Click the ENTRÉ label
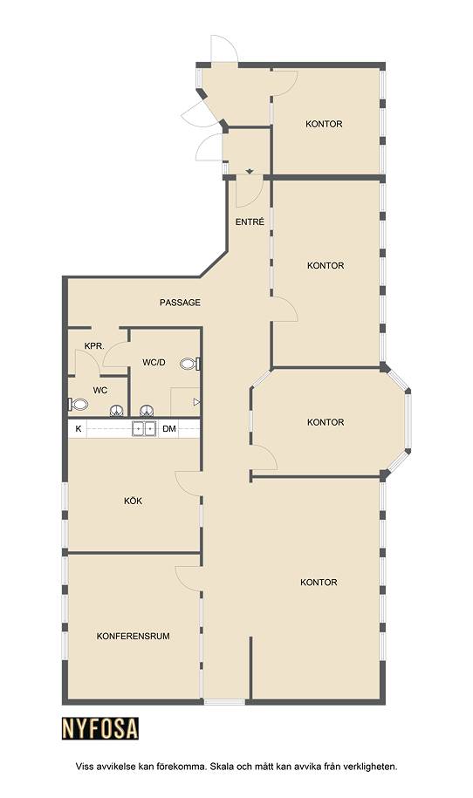[x=250, y=222]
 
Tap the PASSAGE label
[x=180, y=303]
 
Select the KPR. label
[x=94, y=346]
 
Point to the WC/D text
[x=154, y=362]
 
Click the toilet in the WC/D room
[x=189, y=364]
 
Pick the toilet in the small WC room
[x=78, y=405]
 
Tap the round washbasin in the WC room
[x=117, y=410]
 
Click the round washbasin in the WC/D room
[x=147, y=410]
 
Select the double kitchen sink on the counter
[x=144, y=428]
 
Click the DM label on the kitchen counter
[x=169, y=429]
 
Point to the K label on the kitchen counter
[x=78, y=429]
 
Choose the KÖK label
[x=133, y=501]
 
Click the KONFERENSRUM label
[x=133, y=636]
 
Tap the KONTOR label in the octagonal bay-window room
[x=326, y=422]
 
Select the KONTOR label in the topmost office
[x=324, y=124]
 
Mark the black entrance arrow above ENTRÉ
[x=250, y=172]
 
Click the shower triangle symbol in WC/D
[x=196, y=402]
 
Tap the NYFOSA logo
[x=100, y=728]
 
